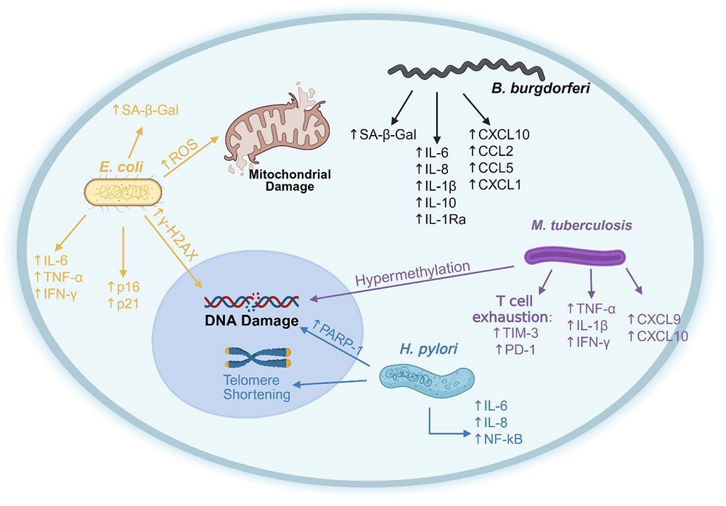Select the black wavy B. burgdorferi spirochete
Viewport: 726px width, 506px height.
465,73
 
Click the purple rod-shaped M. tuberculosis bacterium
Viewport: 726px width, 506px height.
574,256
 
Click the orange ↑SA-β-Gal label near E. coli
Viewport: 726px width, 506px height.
145,110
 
